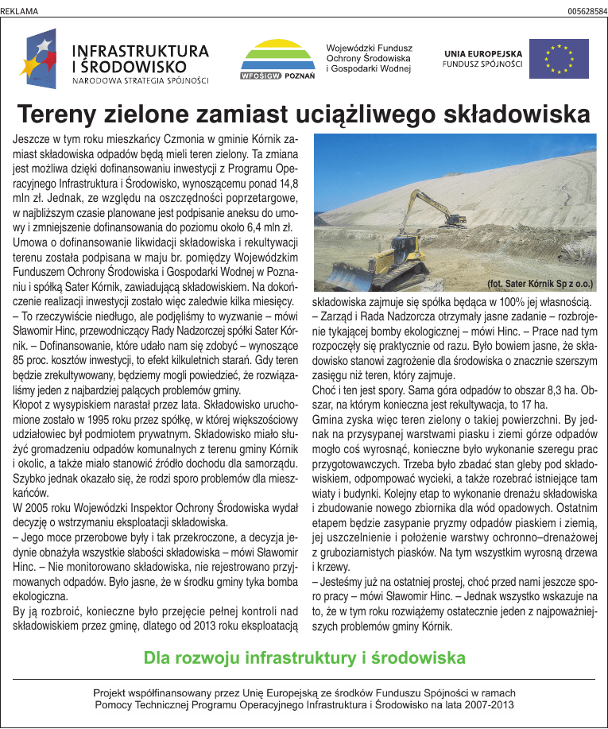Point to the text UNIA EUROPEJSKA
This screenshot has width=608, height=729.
point(482,53)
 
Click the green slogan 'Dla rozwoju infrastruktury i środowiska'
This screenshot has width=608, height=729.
point(304,658)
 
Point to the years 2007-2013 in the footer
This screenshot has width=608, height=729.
point(492,704)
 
